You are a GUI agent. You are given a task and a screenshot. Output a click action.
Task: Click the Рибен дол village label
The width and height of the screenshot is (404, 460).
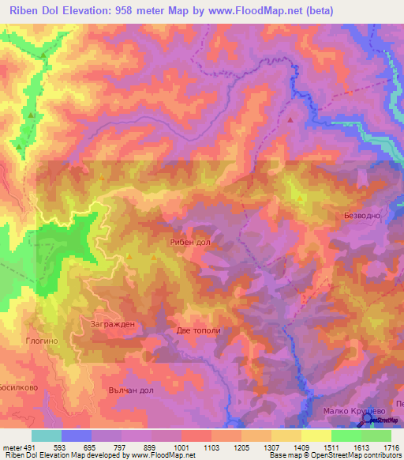pyautogui.click(x=189, y=243)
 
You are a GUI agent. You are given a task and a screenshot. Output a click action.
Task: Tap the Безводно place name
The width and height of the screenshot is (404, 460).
pyautogui.click(x=364, y=215)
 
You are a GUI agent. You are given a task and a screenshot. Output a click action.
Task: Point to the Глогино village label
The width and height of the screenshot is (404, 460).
pyautogui.click(x=43, y=341)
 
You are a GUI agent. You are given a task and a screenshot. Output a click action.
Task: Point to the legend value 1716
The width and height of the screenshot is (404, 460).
pyautogui.click(x=390, y=447)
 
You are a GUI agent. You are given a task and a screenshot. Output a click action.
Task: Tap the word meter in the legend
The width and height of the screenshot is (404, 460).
pyautogui.click(x=12, y=447)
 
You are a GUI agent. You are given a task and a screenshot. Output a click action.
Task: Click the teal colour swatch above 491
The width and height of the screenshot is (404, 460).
pyautogui.click(x=47, y=435)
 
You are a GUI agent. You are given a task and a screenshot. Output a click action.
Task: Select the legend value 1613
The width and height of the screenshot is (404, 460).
pyautogui.click(x=361, y=447)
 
